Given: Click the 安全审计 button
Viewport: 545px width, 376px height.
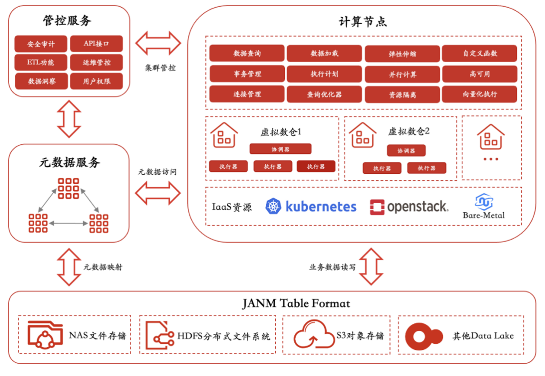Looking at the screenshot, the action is point(41,44).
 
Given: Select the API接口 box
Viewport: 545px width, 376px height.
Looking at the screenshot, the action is point(97,44).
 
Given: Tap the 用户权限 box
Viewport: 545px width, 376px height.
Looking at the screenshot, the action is point(97,81).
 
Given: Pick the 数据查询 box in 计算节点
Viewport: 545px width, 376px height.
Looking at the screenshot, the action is point(247,53).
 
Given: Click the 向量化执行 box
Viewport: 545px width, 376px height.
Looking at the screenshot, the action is point(480,94).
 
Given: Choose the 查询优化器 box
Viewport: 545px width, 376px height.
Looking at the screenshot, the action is point(324,94).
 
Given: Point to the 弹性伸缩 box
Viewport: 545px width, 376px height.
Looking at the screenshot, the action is point(402,54).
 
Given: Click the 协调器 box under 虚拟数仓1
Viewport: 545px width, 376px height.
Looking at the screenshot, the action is point(281,149).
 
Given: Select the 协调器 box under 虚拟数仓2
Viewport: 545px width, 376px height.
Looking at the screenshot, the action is point(406,150).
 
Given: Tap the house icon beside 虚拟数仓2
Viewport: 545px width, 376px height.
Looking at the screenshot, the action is point(362,135).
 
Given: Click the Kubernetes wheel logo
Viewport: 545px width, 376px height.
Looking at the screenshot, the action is point(273,207).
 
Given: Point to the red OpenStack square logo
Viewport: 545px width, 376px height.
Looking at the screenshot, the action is point(377,207).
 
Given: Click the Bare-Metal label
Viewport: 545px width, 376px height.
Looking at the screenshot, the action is point(484,215).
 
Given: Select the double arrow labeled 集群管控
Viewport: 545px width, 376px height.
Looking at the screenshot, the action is point(158,43).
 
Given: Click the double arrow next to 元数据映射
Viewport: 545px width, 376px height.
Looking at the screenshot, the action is point(69,267).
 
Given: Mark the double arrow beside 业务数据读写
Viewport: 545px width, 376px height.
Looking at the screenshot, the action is point(371,266).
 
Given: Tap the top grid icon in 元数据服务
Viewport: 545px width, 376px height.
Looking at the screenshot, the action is point(68,188).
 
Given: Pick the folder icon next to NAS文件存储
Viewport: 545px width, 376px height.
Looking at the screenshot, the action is point(45,334).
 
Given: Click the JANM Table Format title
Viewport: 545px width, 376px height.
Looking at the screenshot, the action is point(296,303).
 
